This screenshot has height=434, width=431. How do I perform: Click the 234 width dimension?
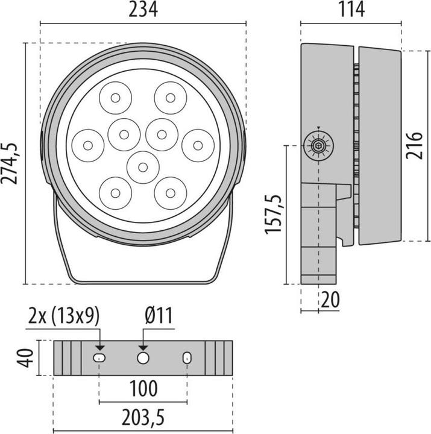click(143, 10)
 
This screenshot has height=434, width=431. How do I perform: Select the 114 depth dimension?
click(351, 10)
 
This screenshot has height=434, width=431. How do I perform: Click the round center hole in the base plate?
click(143, 358)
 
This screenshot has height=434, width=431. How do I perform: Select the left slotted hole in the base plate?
click(99, 358)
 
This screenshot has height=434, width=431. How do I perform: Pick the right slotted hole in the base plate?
click(187, 358)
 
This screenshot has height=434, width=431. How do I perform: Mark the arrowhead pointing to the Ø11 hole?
click(143, 347)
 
